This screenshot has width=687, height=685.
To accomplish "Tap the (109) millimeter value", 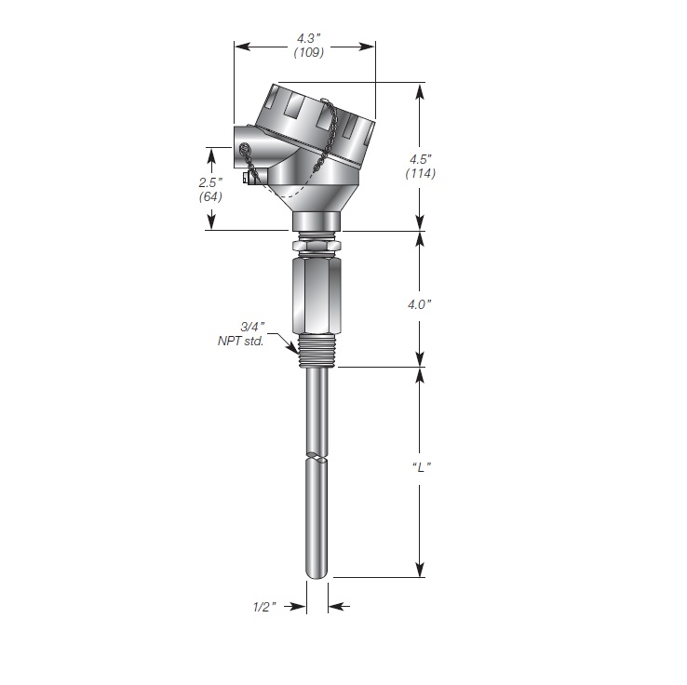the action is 309,52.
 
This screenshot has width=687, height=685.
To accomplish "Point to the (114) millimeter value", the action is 421,173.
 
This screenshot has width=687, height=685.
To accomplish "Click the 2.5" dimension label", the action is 210,182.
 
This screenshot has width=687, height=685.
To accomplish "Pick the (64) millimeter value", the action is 210,196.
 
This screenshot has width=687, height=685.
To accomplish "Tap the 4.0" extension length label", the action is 420,304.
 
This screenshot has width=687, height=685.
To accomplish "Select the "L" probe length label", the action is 422,467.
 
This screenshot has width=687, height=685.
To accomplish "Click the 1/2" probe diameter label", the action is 264,607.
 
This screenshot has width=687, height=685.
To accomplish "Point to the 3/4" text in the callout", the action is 253,327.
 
